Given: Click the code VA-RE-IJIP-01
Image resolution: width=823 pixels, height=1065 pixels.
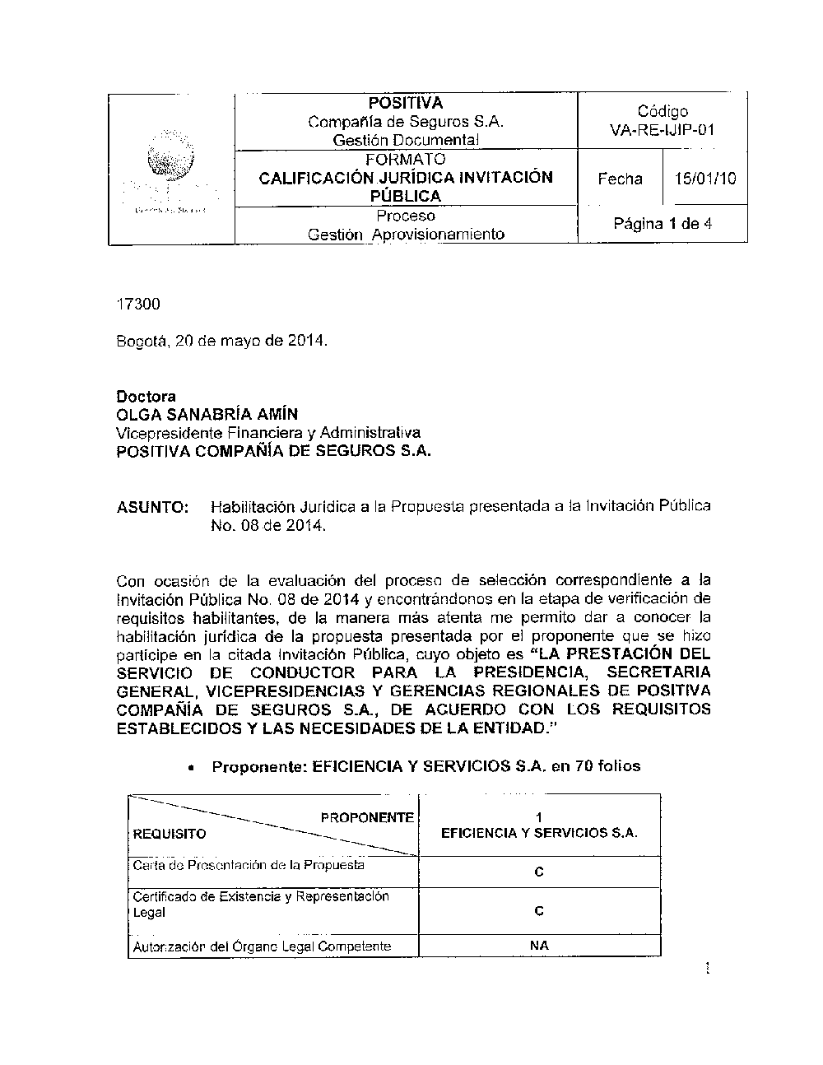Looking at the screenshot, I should (662, 130).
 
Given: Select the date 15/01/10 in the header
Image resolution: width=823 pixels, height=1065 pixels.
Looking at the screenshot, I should (705, 178).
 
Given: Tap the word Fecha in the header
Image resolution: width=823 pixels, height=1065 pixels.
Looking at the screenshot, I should (620, 179).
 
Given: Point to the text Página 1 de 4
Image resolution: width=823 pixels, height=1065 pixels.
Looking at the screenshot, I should (663, 223).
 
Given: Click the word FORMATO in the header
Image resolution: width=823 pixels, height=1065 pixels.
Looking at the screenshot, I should (406, 159).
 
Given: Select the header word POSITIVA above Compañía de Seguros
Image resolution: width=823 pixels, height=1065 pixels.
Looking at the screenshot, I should (406, 103).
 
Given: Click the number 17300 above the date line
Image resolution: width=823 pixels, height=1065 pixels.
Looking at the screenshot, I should (137, 305).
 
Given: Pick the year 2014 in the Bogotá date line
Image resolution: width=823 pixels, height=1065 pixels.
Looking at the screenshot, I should (307, 340).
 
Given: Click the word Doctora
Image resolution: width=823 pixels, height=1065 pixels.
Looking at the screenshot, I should (146, 397).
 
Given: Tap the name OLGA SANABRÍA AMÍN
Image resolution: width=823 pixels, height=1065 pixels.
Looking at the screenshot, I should (207, 414).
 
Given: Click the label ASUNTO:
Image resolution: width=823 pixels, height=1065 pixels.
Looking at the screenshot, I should (153, 507).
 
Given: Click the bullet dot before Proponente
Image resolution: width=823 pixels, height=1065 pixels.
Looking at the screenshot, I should (191, 767).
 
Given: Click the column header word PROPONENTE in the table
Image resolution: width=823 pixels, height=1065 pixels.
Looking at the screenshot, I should (366, 817).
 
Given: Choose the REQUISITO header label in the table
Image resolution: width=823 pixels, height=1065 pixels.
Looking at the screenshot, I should (170, 834).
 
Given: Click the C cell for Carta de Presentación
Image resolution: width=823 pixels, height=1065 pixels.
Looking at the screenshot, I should (539, 872).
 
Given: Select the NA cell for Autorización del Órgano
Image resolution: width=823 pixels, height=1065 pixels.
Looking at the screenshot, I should (539, 946).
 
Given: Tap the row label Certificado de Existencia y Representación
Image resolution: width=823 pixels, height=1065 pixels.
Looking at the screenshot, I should (261, 895).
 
